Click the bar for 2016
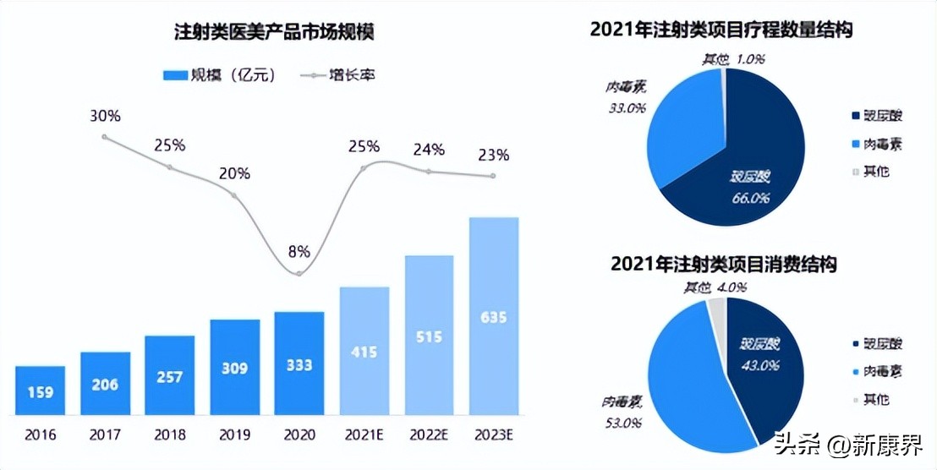click(x=40, y=391)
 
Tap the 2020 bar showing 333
click(x=299, y=363)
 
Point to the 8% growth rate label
click(x=299, y=251)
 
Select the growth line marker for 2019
click(x=234, y=195)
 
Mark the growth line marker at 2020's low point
click(x=299, y=272)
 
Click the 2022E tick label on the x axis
click(x=429, y=434)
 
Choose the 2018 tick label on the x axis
click(x=169, y=434)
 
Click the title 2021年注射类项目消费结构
click(x=723, y=264)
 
